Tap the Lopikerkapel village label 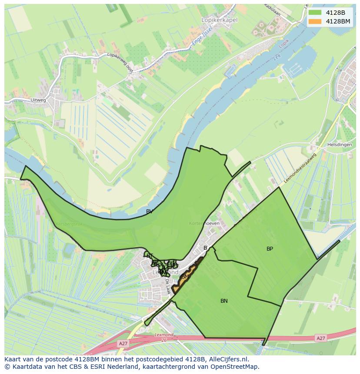(220, 20)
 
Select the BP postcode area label (270, 249)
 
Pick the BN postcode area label (224, 301)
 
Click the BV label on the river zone (149, 212)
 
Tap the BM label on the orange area (185, 277)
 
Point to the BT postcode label (150, 256)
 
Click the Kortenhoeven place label (204, 223)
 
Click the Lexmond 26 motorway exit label (164, 337)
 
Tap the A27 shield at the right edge (320, 338)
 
